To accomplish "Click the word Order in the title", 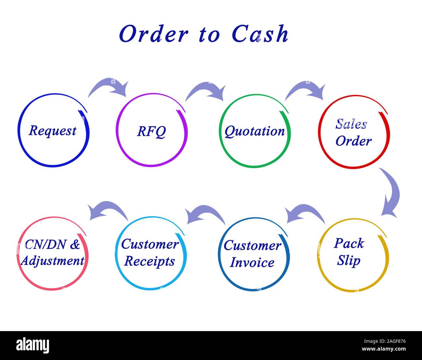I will pyautogui.click(x=154, y=34).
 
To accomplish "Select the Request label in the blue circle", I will pyautogui.click(x=52, y=131).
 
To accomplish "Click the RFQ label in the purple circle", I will pyautogui.click(x=151, y=131).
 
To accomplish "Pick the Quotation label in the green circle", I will pyautogui.click(x=254, y=131).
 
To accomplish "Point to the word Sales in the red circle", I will pyautogui.click(x=351, y=124).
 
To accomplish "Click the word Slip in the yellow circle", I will pyautogui.click(x=349, y=261).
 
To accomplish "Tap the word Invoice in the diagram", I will pyautogui.click(x=252, y=263).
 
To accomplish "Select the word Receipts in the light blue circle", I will pyautogui.click(x=149, y=261).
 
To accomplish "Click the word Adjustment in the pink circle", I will pyautogui.click(x=52, y=261).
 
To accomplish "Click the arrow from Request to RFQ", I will pyautogui.click(x=109, y=87).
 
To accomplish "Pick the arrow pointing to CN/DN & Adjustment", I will pyautogui.click(x=108, y=210).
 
